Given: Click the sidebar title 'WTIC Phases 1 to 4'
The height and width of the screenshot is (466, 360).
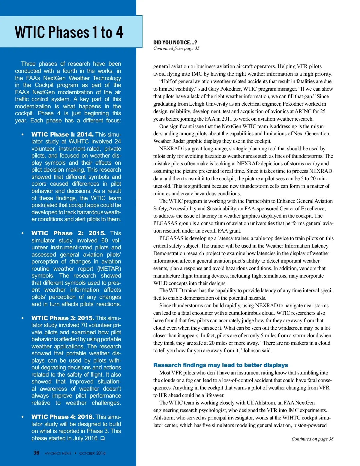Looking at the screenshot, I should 69,32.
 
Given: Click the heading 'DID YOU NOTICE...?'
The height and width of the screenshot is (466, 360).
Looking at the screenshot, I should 175,43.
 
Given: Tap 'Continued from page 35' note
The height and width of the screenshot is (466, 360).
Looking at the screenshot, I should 176,48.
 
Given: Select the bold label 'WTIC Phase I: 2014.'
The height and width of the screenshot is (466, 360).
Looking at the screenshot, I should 62,134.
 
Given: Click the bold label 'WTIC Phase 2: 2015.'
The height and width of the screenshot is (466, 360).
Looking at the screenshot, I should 68,233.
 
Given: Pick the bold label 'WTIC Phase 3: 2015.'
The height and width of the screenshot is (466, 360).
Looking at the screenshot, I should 63,318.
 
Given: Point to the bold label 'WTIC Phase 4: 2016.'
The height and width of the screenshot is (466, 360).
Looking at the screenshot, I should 63,417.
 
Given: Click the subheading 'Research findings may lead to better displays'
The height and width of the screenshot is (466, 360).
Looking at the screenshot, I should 220,365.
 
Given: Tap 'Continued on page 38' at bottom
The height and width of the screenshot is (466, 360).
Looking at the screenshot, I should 312,439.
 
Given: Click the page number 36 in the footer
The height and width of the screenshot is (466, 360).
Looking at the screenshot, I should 36,453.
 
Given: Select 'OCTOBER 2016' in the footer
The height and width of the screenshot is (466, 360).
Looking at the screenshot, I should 92,453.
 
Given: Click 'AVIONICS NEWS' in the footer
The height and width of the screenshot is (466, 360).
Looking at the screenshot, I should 58,453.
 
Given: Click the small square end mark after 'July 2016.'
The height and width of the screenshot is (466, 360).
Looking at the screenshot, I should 103,438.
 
